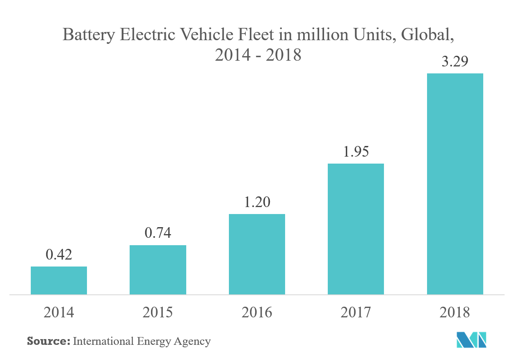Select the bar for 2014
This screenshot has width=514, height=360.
pos(59,280)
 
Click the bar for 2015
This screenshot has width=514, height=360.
pos(158,270)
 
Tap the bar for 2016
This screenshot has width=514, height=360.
pos(257,254)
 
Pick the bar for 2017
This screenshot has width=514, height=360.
pos(356,229)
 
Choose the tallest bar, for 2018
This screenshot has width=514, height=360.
pos(455,184)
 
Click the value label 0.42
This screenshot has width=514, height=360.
pos(59,255)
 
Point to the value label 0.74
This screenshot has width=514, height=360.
pos(158,233)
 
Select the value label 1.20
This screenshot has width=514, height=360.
pos(257,202)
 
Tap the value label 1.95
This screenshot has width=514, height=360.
pos(356,152)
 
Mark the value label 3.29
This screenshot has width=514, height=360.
pos(455,62)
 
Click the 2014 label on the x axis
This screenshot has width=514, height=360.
pos(59,313)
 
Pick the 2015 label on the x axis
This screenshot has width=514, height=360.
pos(158,313)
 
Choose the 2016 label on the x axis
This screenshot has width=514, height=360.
pos(257,313)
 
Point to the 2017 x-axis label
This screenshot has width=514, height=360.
pos(356,313)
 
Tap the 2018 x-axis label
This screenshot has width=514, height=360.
pos(455,313)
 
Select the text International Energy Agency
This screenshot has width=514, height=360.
pos(142,342)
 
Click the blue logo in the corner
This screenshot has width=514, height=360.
pos(471,339)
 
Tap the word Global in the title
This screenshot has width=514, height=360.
pos(427,36)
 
